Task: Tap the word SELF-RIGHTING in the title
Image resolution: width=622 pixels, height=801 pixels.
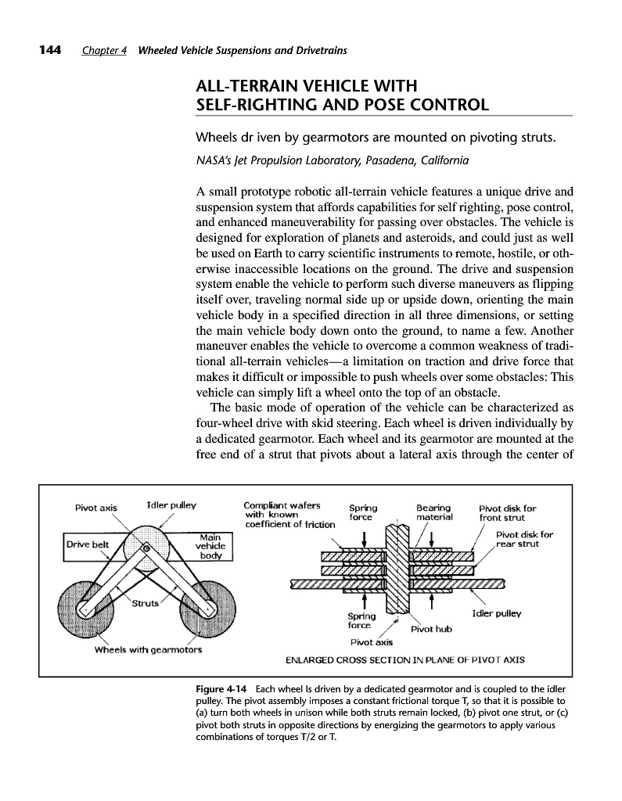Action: [253, 104]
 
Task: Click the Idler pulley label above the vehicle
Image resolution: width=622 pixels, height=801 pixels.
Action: [171, 505]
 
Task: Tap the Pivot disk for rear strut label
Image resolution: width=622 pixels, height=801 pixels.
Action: [524, 540]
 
